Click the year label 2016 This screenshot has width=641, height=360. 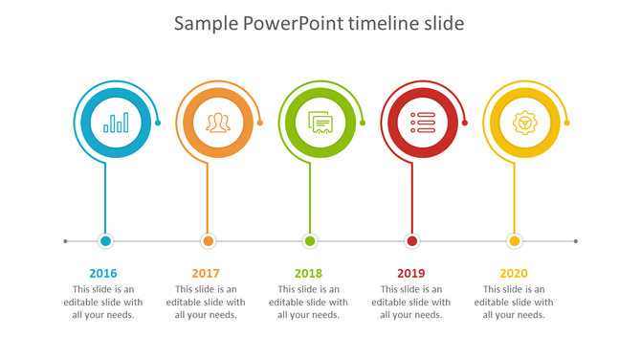tap(103, 274)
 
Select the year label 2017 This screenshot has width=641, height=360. tap(206, 274)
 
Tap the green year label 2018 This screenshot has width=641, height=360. tap(309, 274)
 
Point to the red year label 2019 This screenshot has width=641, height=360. tap(411, 274)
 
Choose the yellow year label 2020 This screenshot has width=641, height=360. tap(514, 274)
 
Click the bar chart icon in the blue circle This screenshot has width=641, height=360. tap(117, 123)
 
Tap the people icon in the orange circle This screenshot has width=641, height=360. tap(219, 123)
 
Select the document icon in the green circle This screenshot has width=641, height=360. tap(320, 123)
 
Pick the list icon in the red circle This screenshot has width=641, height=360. tap(423, 123)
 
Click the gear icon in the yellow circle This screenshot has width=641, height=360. tap(524, 123)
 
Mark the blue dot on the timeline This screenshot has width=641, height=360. tap(105, 241)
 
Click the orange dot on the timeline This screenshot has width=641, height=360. tap(208, 241)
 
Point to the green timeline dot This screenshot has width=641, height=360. tap(310, 241)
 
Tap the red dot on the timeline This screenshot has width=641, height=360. tap(412, 241)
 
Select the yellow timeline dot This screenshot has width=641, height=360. tap(515, 241)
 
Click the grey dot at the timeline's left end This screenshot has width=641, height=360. tap(65, 241)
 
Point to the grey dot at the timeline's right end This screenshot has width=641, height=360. tap(576, 241)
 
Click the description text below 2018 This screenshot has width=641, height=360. tap(309, 302)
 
